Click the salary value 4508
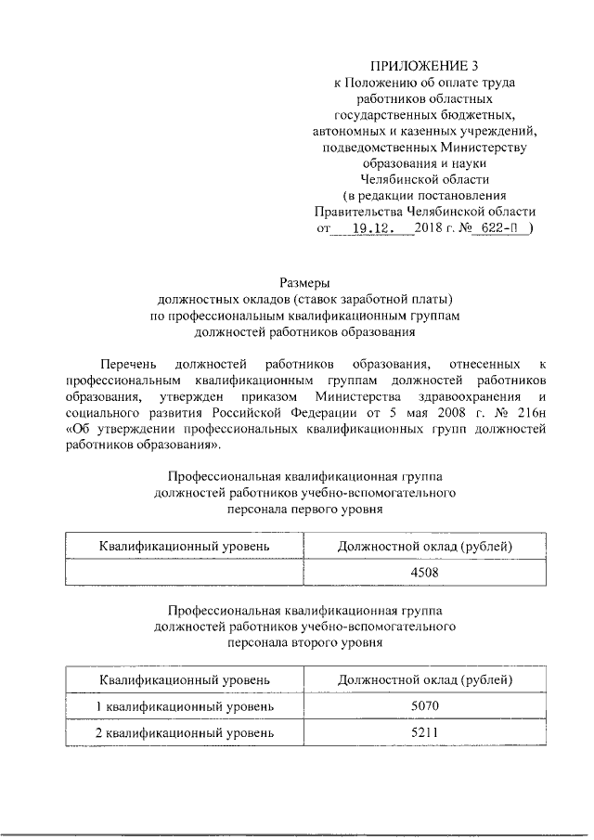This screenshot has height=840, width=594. (424, 572)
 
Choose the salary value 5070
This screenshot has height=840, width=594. (424, 707)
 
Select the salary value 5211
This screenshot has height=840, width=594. (424, 733)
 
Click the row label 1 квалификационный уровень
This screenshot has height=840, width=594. (186, 707)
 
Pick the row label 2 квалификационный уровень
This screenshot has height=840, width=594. (186, 733)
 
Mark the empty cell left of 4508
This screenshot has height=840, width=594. (186, 572)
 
